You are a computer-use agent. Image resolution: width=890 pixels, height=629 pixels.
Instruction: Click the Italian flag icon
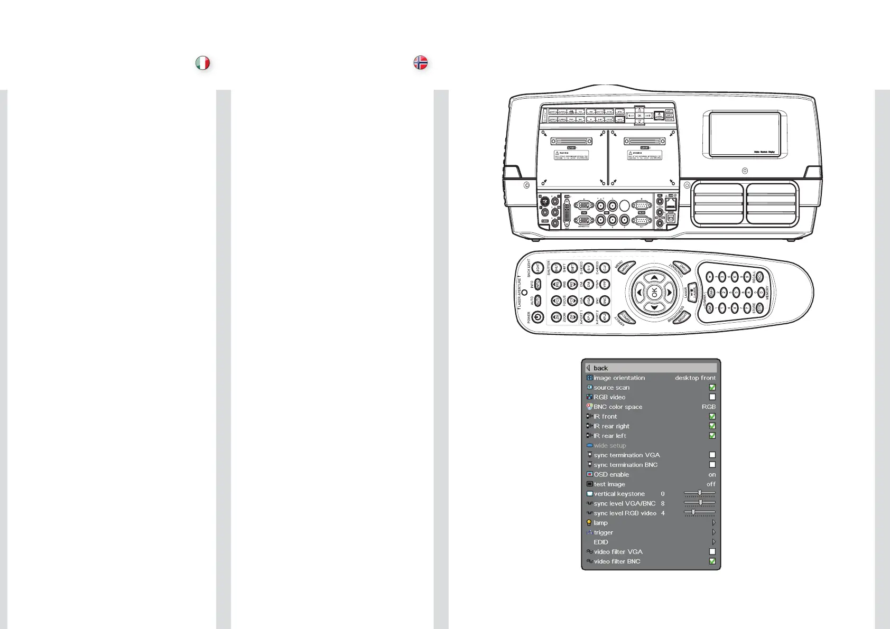pos(202,63)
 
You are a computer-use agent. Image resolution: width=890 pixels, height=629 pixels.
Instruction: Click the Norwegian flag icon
pos(420,63)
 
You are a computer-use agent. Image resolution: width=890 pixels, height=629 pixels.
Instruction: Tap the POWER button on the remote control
pos(537,317)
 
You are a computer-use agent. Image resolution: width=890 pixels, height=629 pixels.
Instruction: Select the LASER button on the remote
pos(693,292)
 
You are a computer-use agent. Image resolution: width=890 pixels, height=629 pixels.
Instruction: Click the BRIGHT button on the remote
pos(682,316)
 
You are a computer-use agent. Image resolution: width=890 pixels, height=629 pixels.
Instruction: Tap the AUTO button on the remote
pos(537,301)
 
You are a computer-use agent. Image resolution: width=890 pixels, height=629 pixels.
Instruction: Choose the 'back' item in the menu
pos(600,368)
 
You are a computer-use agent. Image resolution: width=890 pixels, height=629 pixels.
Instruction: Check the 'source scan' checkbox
pos(712,388)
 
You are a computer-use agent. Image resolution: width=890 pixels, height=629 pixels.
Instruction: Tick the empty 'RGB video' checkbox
pos(712,397)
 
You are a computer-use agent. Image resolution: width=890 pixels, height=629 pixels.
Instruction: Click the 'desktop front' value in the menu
pos(695,378)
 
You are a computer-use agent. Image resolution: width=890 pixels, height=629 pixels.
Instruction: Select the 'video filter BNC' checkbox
pos(712,561)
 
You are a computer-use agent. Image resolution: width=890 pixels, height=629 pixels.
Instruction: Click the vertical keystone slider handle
pos(700,493)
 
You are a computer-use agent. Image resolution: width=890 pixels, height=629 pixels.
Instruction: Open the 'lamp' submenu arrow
pos(713,523)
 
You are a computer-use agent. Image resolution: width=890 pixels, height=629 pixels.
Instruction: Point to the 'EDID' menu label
pos(601,542)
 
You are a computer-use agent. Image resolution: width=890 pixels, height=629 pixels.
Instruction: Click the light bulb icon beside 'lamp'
pos(589,523)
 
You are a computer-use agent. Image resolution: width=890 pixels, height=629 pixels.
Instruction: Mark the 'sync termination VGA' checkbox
pos(712,455)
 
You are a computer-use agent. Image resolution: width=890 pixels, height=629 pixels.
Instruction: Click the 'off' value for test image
pos(711,484)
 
